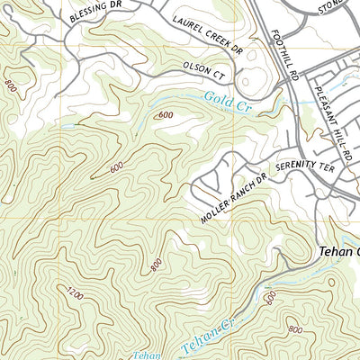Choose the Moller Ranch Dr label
point(229,199)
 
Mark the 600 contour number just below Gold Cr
point(166,115)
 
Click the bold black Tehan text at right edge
point(338,253)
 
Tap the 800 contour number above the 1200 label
point(157,265)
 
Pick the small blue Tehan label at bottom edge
point(148,355)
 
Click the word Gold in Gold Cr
point(215,99)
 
